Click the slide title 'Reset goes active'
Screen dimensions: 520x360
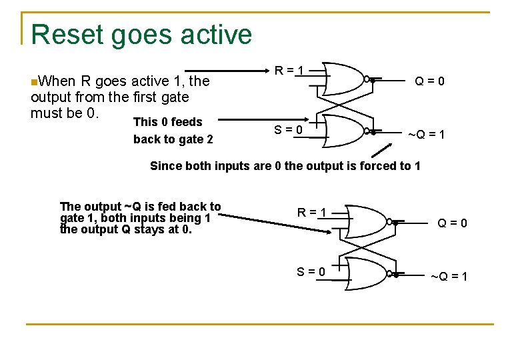(141, 34)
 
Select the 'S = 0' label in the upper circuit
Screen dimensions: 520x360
(289, 129)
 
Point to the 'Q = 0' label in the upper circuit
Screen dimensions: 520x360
(430, 81)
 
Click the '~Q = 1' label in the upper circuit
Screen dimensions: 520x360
(427, 135)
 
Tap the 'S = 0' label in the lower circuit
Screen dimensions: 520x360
(311, 271)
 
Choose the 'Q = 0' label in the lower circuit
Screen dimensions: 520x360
(452, 223)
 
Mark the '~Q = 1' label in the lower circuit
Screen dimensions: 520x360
(449, 277)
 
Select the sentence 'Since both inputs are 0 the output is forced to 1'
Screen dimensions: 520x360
(285, 166)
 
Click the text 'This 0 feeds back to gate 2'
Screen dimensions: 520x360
(173, 131)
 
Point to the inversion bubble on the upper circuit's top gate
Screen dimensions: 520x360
(367, 79)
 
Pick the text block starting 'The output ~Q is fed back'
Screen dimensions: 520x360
(140, 218)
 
